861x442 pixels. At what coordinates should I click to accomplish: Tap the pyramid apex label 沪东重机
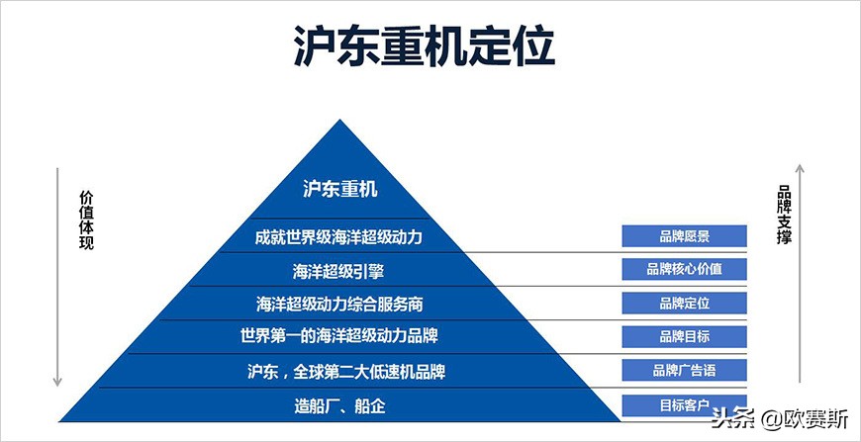(x=340, y=189)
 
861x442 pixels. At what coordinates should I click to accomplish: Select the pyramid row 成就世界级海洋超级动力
(x=338, y=237)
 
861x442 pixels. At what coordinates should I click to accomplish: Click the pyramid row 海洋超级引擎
(x=338, y=270)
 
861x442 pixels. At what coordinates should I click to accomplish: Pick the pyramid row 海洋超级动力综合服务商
(x=338, y=303)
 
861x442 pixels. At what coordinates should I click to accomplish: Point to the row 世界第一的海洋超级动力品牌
(x=338, y=335)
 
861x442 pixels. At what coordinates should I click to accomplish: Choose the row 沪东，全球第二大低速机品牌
(x=338, y=371)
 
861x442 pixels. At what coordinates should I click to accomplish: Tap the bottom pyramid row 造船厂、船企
(x=338, y=404)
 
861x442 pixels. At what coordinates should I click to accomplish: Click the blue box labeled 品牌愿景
(x=684, y=235)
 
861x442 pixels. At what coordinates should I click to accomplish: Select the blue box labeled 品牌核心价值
(x=684, y=269)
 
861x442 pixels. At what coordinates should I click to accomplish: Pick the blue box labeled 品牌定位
(x=684, y=303)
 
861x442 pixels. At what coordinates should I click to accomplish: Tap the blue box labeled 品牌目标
(x=684, y=336)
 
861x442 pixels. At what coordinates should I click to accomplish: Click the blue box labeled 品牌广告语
(x=684, y=371)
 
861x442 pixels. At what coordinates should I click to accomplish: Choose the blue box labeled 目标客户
(x=684, y=404)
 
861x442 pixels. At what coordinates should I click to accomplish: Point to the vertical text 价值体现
(x=86, y=218)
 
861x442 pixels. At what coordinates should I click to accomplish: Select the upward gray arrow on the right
(x=801, y=277)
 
